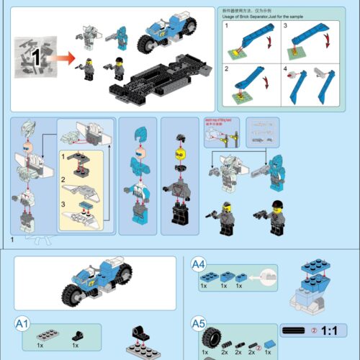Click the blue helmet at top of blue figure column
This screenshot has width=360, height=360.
(141, 133)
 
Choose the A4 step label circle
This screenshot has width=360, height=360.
(199, 266)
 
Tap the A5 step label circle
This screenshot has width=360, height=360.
(199, 325)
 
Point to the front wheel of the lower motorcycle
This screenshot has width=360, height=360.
(73, 296)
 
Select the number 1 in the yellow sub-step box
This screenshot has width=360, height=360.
(64, 156)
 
